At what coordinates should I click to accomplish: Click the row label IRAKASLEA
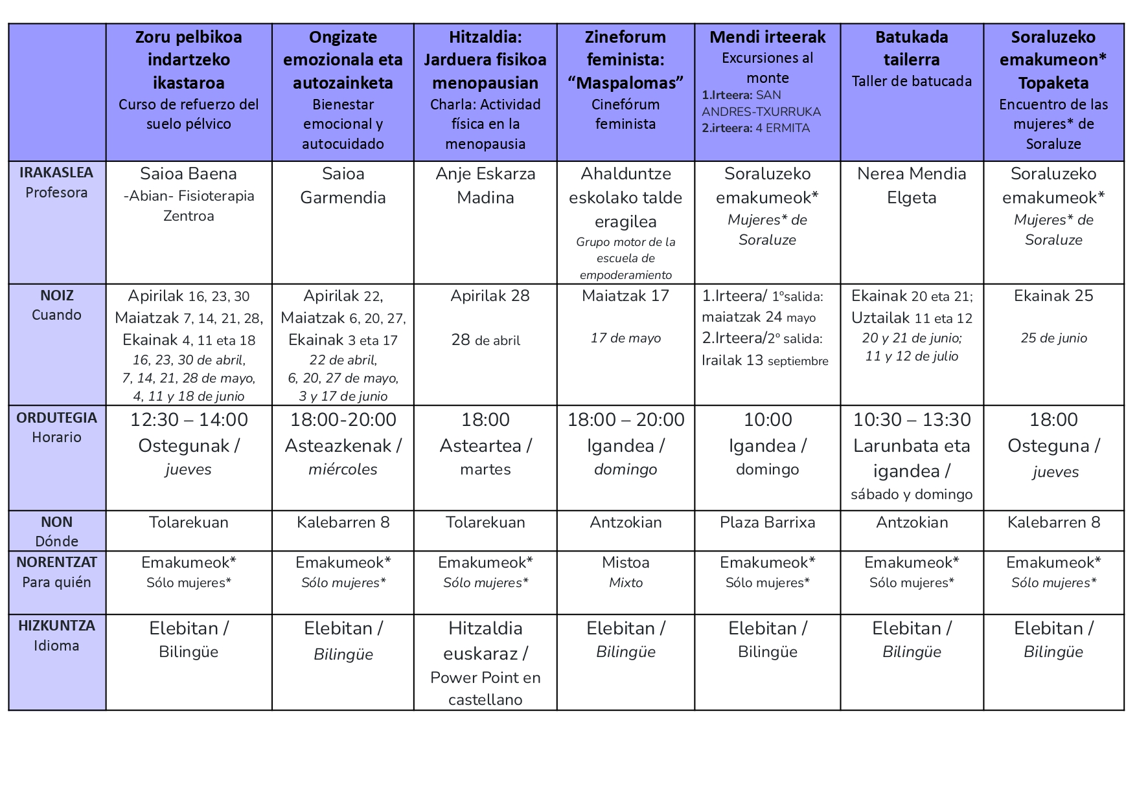(56, 173)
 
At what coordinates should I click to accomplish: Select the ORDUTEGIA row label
(56, 418)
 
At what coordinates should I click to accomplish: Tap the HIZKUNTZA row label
(56, 626)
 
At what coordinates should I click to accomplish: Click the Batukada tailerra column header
(912, 49)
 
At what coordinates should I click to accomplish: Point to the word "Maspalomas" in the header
(625, 83)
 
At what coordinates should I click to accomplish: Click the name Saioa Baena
(189, 174)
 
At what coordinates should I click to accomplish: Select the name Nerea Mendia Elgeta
(912, 185)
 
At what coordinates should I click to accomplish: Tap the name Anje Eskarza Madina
(485, 185)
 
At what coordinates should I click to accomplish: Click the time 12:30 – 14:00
(189, 420)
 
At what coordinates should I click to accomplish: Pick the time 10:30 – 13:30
(912, 420)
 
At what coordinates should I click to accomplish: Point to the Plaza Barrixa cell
(767, 522)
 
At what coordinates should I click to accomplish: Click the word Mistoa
(625, 563)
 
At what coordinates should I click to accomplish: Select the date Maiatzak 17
(625, 296)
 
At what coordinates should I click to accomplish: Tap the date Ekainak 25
(1053, 296)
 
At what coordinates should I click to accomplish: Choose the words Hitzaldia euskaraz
(485, 641)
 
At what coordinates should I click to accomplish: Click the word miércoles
(343, 469)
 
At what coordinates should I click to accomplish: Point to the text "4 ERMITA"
(787, 128)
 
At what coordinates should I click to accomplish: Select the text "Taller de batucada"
(912, 82)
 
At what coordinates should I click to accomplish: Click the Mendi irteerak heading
(767, 38)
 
